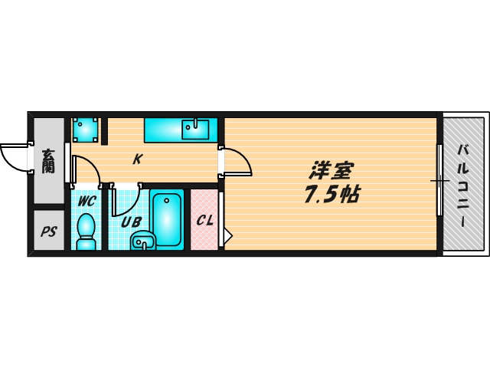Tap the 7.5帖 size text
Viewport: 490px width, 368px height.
click(x=332, y=195)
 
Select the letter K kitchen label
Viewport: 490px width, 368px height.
click(x=137, y=159)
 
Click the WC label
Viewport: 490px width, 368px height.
click(x=86, y=202)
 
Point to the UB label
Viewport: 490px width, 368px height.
click(x=131, y=222)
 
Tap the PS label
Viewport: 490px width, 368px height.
click(x=49, y=231)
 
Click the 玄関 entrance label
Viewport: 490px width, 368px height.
click(x=48, y=160)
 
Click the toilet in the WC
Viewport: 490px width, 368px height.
click(x=86, y=229)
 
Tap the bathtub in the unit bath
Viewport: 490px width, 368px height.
click(x=167, y=219)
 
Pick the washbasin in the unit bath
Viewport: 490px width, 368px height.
click(x=142, y=243)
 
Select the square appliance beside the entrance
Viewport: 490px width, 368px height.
click(x=86, y=130)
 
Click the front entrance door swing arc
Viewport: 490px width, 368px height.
click(x=14, y=159)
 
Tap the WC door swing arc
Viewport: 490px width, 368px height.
click(x=88, y=170)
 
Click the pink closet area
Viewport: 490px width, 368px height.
click(x=204, y=234)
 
